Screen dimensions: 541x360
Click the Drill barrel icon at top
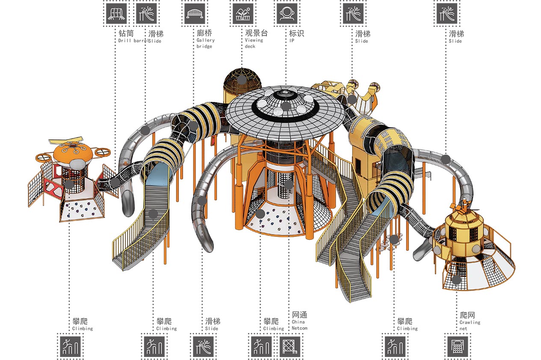click(x=116, y=14)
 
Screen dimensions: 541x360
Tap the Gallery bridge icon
click(x=195, y=14)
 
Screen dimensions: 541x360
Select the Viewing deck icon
click(x=243, y=14)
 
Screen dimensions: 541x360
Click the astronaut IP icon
click(x=287, y=14)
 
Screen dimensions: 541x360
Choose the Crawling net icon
click(x=458, y=346)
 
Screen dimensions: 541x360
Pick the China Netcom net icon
click(x=290, y=346)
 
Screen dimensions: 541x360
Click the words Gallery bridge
click(x=206, y=43)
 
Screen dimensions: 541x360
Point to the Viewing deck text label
click(x=254, y=43)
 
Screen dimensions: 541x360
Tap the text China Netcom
click(x=299, y=325)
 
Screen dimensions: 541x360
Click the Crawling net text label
click(x=470, y=325)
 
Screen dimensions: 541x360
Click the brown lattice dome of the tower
click(x=242, y=81)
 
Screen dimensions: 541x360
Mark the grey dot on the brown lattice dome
click(x=242, y=80)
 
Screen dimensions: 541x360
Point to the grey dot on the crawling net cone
click(x=456, y=280)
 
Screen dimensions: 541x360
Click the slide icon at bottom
click(x=203, y=346)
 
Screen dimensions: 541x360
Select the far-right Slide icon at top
click(x=447, y=14)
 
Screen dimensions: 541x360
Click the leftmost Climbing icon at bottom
click(x=70, y=346)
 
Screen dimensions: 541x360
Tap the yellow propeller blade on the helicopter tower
click(x=66, y=140)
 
